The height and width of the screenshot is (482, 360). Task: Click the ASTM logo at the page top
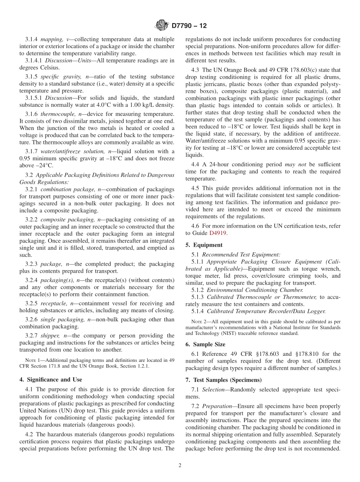click(x=161, y=26)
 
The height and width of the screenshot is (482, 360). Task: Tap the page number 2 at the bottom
click(x=180, y=465)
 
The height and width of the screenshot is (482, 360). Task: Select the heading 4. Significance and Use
click(x=51, y=379)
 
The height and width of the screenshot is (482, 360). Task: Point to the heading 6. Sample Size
click(x=205, y=344)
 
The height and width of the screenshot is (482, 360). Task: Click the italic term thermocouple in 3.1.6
click(x=58, y=114)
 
